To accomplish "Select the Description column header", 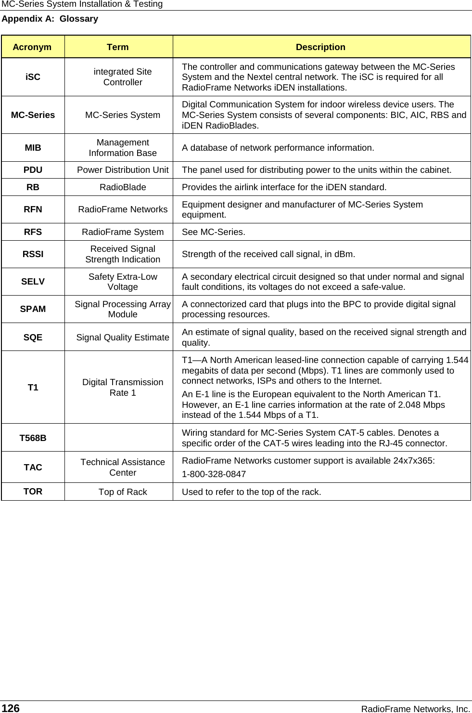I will (x=320, y=47).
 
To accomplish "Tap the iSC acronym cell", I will (x=33, y=77).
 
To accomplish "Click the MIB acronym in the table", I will (x=33, y=148).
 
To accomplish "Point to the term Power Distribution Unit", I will (x=123, y=170).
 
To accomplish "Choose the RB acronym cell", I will (x=33, y=187).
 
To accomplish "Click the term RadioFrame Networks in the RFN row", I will (x=123, y=209).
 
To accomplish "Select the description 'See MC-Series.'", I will (x=213, y=232).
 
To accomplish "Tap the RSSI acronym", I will (x=33, y=254).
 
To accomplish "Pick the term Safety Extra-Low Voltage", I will (x=123, y=282).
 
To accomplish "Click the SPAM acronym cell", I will (x=33, y=309).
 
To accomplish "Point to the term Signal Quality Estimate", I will (x=123, y=337).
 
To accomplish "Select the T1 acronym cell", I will (x=33, y=388).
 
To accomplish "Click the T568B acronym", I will (x=33, y=438).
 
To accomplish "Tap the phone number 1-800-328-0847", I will (x=214, y=474).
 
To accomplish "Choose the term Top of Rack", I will (x=123, y=492).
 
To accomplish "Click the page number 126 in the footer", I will (x=11, y=708).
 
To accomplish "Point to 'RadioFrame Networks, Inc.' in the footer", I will (x=416, y=709).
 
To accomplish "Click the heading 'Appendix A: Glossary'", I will (x=50, y=19).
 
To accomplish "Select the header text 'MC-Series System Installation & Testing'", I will (x=82, y=4).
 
